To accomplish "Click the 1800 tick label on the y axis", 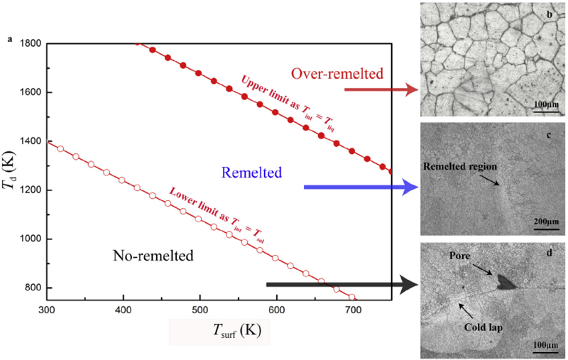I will pos(29,43).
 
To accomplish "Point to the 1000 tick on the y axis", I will pos(29,239).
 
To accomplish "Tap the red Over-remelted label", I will pos(337,73).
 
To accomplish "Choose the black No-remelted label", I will pos(154,253).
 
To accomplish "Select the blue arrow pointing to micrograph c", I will pos(359,187).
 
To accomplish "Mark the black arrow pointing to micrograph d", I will pos(341,285).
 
